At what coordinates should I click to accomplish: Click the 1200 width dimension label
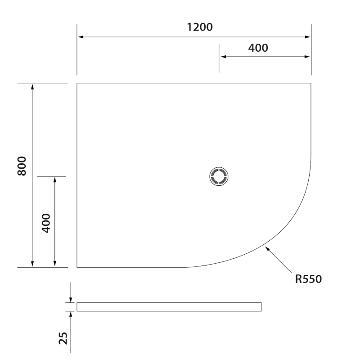click(x=200, y=27)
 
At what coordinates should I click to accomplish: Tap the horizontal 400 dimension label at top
click(x=258, y=48)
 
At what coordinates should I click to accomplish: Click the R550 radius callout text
click(x=308, y=279)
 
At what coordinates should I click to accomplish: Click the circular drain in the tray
click(x=220, y=176)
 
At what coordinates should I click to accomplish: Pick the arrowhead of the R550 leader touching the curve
click(x=267, y=247)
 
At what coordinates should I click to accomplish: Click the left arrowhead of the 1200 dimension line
click(x=81, y=37)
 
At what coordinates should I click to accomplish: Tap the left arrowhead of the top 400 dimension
click(x=222, y=57)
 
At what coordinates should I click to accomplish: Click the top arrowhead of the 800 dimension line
click(x=32, y=86)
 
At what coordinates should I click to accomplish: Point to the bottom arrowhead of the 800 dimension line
click(x=32, y=264)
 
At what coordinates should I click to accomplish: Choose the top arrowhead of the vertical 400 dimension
click(x=55, y=180)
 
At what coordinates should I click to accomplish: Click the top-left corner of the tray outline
click(x=77, y=83)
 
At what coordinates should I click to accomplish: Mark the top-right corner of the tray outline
click(x=311, y=83)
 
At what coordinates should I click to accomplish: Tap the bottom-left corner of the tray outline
click(x=77, y=267)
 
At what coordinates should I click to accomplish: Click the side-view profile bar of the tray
click(x=169, y=307)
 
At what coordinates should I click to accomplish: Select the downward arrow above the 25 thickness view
click(x=71, y=299)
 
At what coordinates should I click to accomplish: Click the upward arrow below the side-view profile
click(x=71, y=315)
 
